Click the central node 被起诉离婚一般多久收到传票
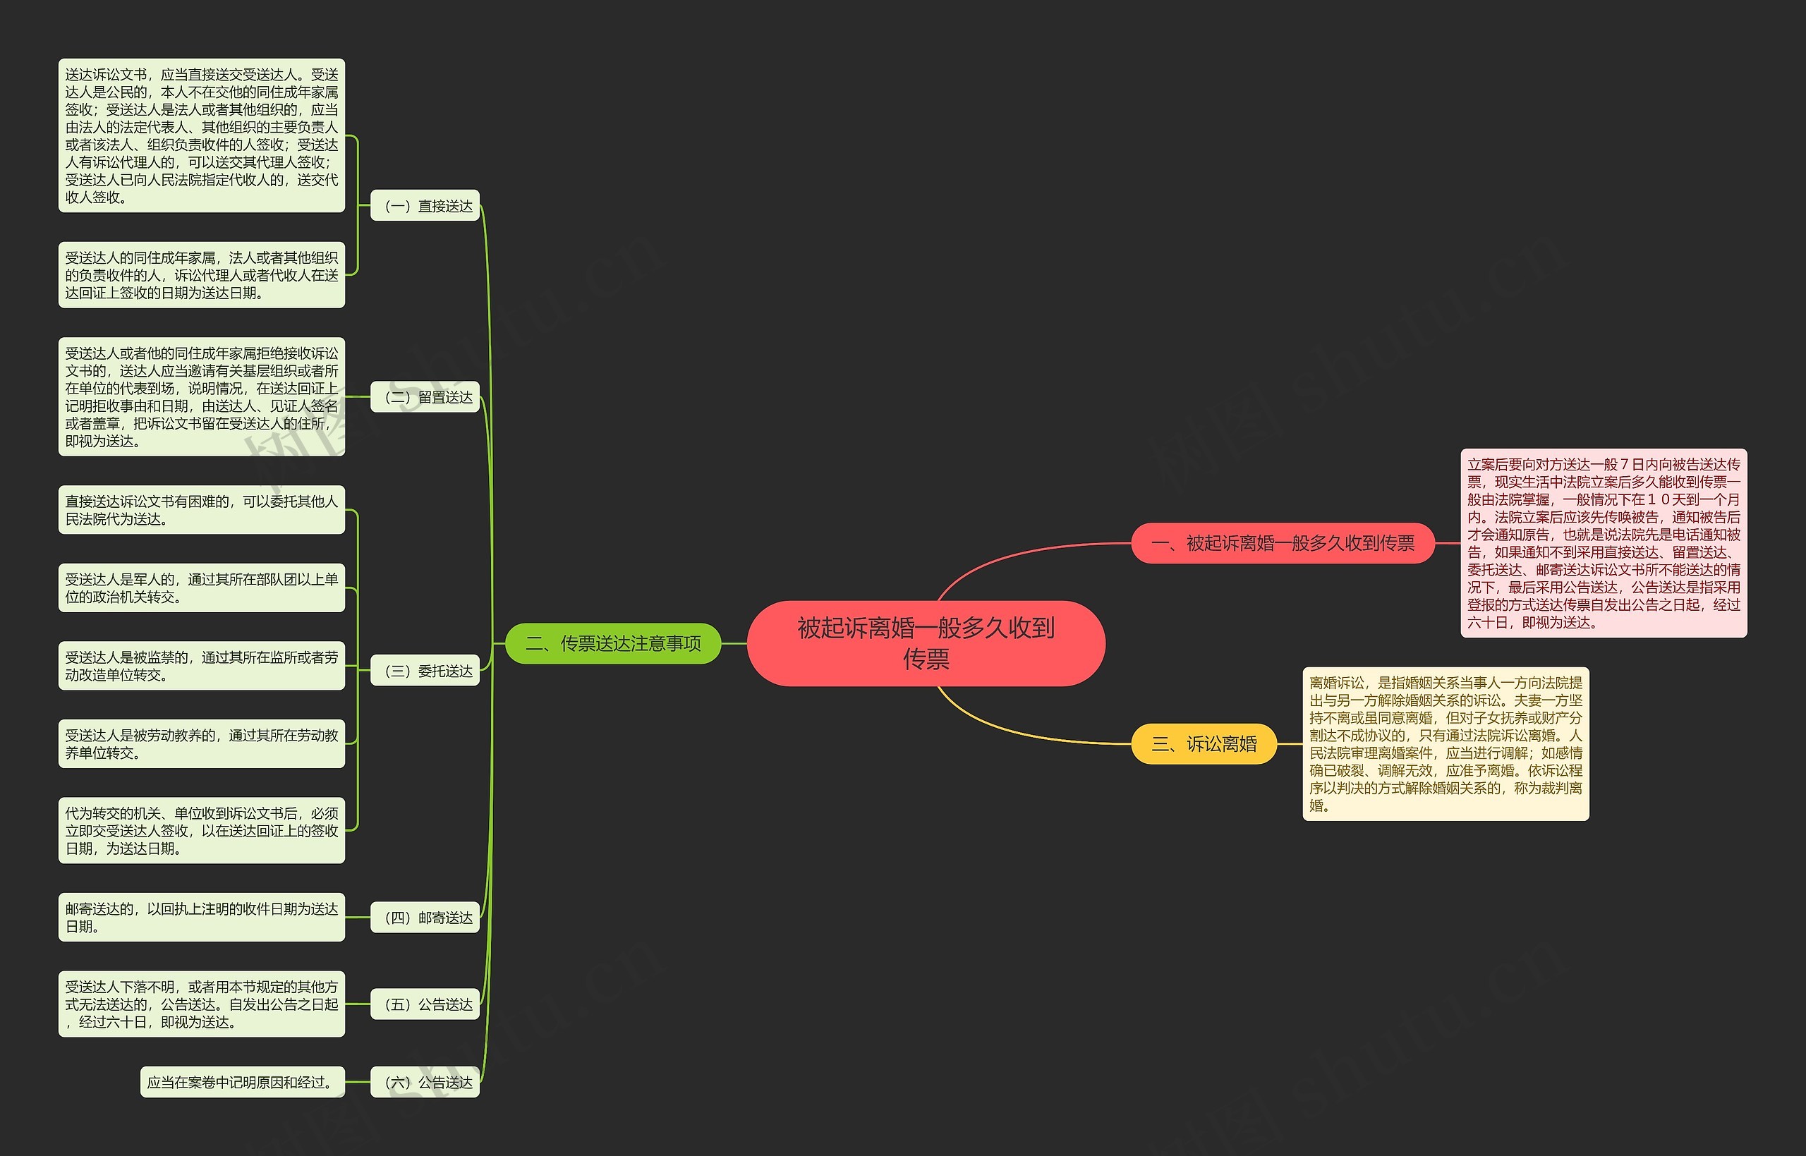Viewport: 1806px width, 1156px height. coord(926,643)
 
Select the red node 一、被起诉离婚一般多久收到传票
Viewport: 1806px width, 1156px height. coord(1282,542)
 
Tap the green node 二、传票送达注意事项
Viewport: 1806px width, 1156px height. coord(612,643)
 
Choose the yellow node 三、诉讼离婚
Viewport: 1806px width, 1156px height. coord(1204,744)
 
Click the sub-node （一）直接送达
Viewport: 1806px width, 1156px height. coord(425,206)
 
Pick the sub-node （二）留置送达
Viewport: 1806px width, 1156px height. coord(425,397)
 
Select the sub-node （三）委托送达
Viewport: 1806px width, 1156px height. coord(425,671)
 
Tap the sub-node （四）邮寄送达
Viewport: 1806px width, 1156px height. coord(425,918)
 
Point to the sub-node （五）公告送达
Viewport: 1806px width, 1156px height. coord(425,1004)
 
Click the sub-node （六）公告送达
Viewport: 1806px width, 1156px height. coord(425,1083)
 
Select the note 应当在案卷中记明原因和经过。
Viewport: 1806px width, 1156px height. coord(242,1083)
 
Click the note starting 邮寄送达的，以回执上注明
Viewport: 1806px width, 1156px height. coord(201,918)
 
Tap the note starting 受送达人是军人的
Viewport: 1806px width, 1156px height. coord(201,588)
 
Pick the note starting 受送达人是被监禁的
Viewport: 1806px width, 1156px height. coord(201,666)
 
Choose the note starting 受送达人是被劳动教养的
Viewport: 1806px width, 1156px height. coord(201,744)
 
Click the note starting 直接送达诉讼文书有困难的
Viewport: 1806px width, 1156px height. coord(201,510)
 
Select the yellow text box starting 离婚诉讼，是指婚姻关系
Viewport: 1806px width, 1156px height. coord(1445,744)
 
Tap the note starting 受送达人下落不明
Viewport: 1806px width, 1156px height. coord(201,1004)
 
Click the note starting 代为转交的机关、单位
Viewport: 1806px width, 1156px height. coord(201,830)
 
